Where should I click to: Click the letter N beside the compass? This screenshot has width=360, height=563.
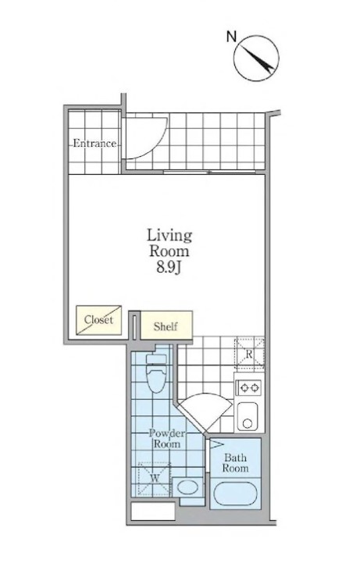(231, 37)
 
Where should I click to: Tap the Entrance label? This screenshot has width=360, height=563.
(94, 143)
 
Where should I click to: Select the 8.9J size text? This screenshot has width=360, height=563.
(168, 268)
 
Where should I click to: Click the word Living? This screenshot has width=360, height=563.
(169, 236)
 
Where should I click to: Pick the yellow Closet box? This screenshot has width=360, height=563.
(98, 320)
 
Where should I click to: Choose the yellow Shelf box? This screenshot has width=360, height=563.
(166, 326)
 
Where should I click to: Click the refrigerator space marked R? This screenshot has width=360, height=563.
(249, 353)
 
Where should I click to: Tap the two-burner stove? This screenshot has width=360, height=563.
(249, 387)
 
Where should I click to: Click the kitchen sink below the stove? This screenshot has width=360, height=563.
(248, 415)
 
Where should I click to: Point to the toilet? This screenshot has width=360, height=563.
(156, 372)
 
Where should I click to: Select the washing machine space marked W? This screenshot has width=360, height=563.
(155, 479)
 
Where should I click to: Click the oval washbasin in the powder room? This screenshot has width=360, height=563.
(187, 487)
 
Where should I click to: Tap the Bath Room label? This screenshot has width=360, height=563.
(235, 463)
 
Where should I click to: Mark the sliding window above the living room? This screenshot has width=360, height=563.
(209, 173)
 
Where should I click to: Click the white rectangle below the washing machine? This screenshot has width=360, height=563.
(153, 511)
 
